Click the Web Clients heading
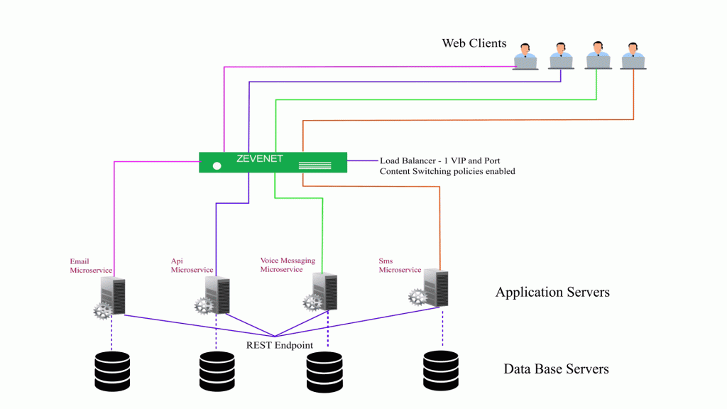[x=474, y=43]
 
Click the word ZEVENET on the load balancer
[x=260, y=158]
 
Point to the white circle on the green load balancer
[x=217, y=166]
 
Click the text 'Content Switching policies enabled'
[x=447, y=171]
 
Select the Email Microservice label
[x=91, y=266]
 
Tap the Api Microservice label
[x=192, y=266]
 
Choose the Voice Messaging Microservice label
[x=288, y=265]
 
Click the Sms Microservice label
[x=400, y=266]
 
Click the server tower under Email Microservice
[x=114, y=295]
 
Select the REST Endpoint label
[x=280, y=345]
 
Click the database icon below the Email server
[x=112, y=370]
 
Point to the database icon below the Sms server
[x=440, y=369]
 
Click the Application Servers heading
[x=552, y=292]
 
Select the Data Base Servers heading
[x=556, y=369]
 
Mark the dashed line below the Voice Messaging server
[x=327, y=330]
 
